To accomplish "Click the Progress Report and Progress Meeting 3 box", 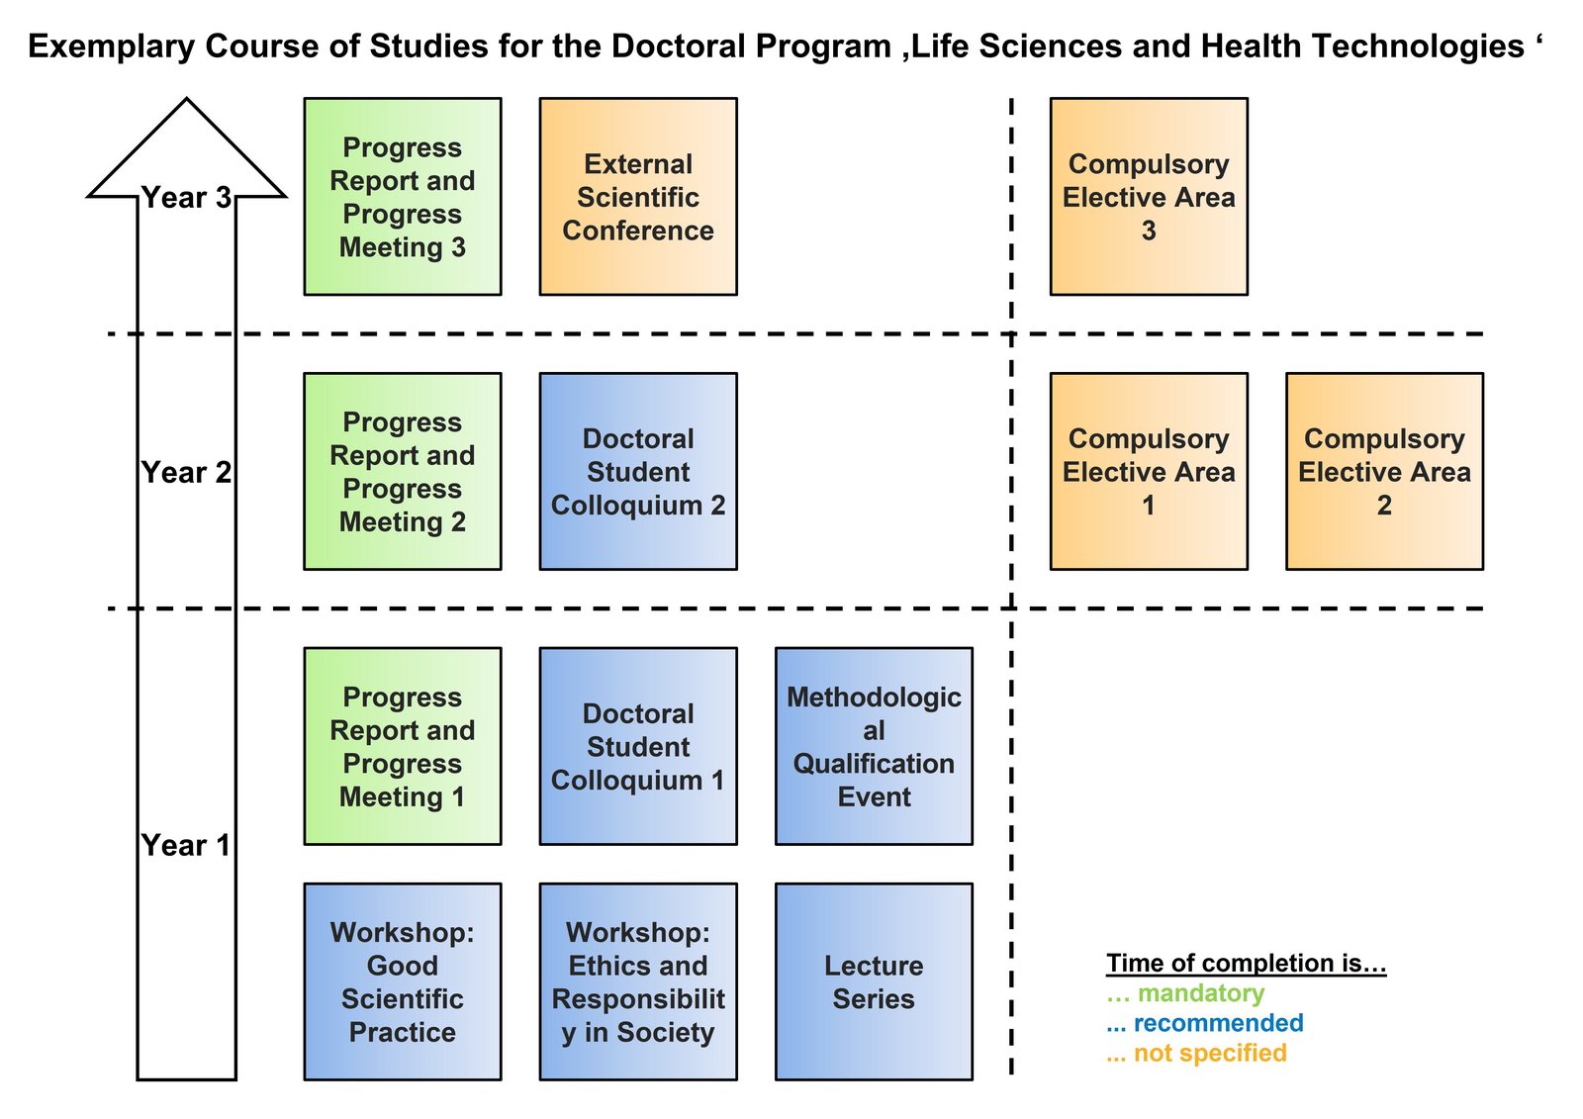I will click(402, 197).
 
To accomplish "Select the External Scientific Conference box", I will click(638, 197).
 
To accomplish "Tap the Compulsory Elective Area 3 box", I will click(1149, 197).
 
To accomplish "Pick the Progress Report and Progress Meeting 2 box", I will click(402, 472).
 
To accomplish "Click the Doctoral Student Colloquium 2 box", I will click(638, 472).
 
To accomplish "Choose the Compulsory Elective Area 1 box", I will click(1149, 472).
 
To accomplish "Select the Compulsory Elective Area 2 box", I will click(1384, 472).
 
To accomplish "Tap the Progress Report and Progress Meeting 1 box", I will click(402, 747).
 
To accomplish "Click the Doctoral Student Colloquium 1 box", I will click(638, 747).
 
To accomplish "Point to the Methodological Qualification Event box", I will click(874, 747).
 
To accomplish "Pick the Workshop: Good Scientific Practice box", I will click(402, 981).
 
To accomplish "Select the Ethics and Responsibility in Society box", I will click(638, 981).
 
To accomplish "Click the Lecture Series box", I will click(874, 981).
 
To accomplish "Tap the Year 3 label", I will click(186, 198).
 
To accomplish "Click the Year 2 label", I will click(186, 473).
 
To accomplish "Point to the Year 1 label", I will click(186, 846).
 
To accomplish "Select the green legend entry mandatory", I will click(1199, 993).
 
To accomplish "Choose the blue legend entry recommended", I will click(1217, 1023).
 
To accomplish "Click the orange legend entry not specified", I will click(1209, 1053).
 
